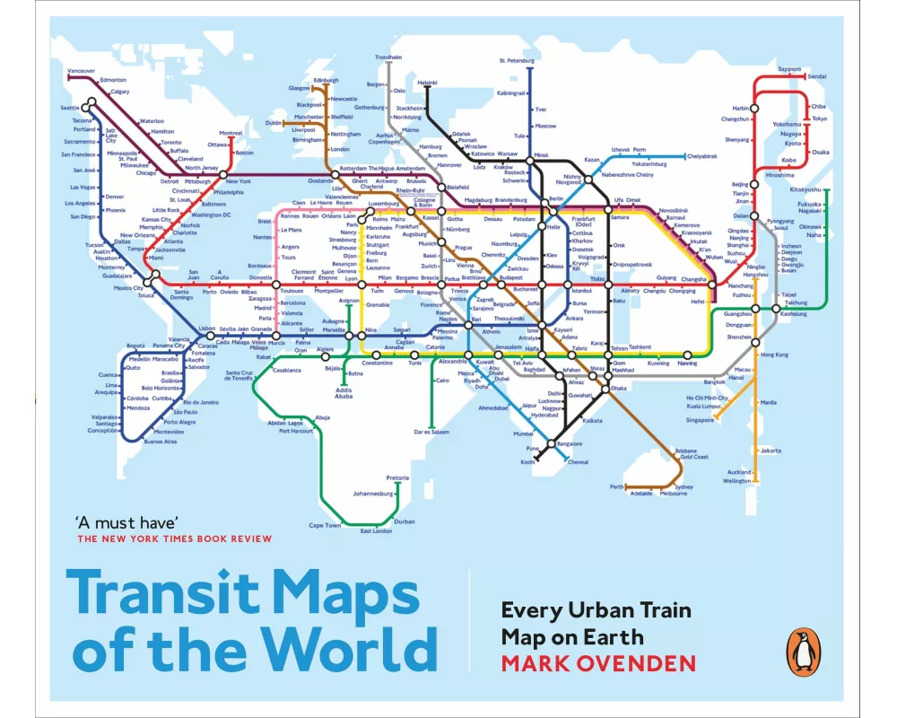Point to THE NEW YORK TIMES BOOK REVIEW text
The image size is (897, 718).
pos(174,538)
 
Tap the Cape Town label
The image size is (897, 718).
pos(325,525)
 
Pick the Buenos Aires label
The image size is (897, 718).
pos(160,442)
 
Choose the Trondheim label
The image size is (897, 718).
pos(388,57)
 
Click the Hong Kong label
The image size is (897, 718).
pos(774,355)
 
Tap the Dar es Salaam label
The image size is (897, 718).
pos(431,432)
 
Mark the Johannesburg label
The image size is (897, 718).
pos(372,494)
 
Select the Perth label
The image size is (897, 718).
pos(616,486)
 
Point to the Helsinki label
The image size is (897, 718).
pos(427,83)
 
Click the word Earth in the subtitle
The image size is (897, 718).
pos(615,638)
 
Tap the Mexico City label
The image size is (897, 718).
pos(127,288)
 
